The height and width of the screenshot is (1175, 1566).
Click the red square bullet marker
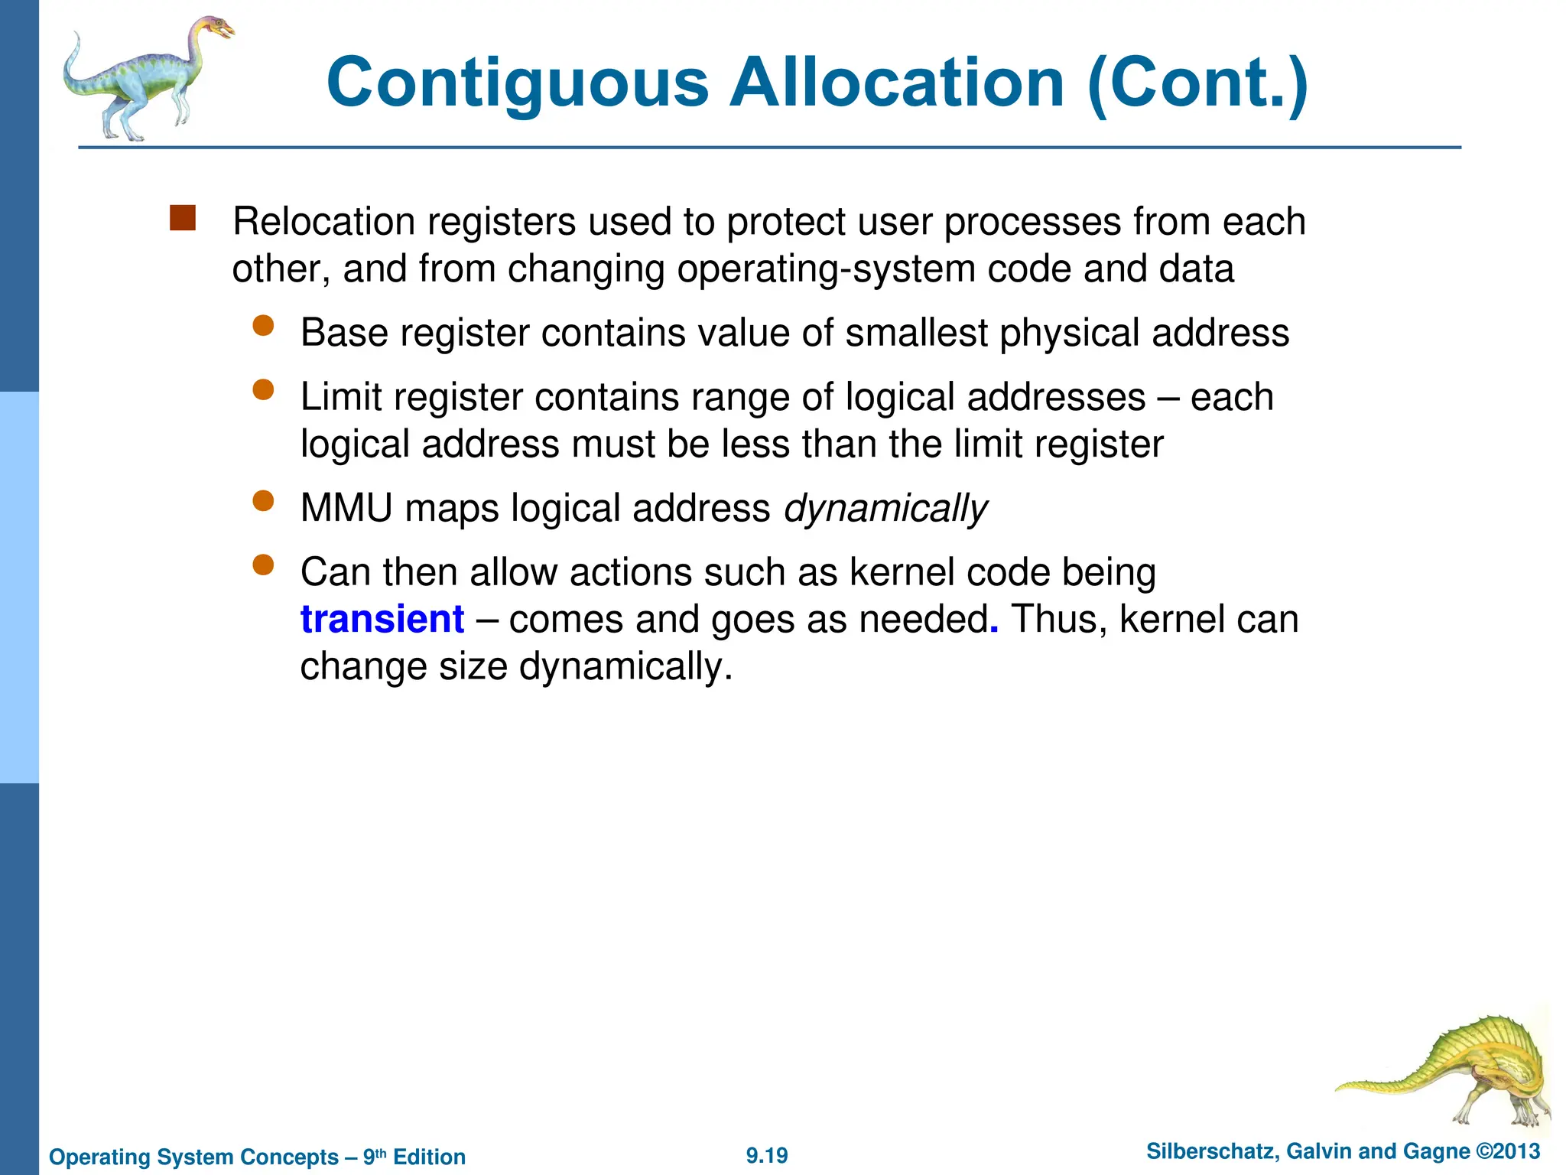(183, 218)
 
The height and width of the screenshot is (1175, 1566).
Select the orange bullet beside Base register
(263, 327)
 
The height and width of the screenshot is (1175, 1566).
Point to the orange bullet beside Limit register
(263, 391)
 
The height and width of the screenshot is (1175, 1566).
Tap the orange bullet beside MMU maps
(263, 502)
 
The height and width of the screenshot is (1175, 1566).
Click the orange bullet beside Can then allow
(263, 566)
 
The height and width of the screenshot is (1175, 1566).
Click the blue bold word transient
(382, 619)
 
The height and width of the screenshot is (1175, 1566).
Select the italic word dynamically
(885, 509)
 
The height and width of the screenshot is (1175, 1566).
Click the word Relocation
(323, 222)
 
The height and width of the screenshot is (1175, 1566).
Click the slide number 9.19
(767, 1155)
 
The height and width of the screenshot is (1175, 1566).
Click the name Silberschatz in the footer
(1210, 1151)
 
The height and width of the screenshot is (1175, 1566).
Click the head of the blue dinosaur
(217, 29)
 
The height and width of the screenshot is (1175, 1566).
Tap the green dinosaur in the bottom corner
(1460, 1071)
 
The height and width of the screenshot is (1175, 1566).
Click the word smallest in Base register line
(916, 334)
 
